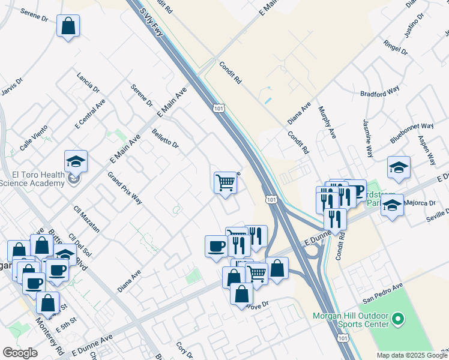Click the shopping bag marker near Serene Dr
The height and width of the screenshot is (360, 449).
click(x=68, y=26)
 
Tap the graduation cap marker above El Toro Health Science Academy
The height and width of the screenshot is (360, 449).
click(x=76, y=161)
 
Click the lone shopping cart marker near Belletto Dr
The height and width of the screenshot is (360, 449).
click(x=225, y=182)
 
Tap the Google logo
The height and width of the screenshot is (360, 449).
click(x=20, y=353)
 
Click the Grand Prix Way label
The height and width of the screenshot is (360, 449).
click(x=124, y=188)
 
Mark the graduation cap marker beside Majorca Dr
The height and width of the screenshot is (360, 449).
click(x=392, y=207)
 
